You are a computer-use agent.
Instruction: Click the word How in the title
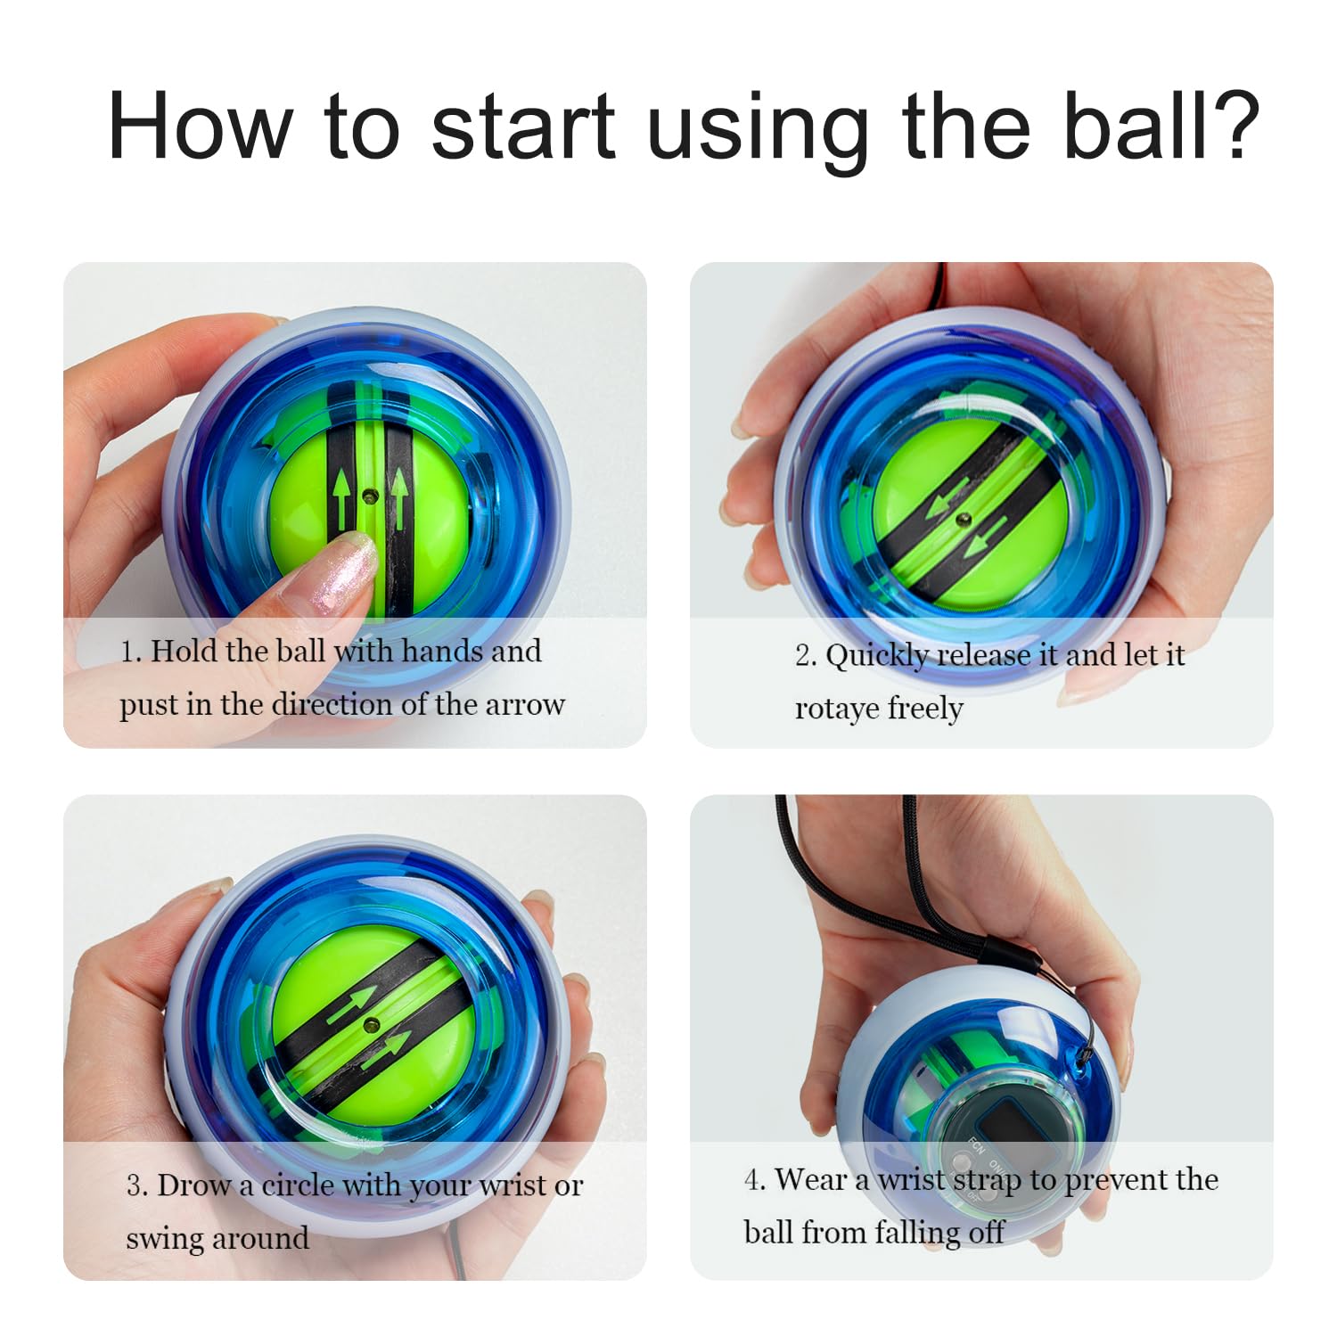201,126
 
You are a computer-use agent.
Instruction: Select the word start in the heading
523,126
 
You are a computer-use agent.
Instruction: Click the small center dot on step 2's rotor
962,518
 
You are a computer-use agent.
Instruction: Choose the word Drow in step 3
193,1185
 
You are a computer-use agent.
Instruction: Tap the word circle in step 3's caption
298,1185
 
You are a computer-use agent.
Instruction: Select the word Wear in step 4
810,1179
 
